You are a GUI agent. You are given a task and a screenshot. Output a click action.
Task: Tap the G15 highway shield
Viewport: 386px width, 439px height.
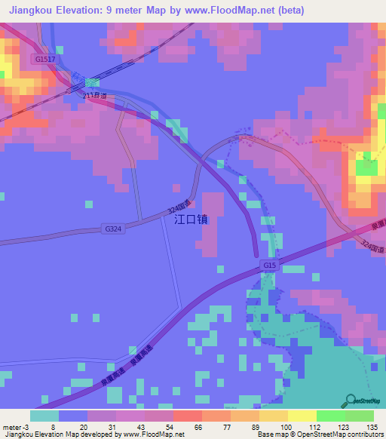point(271,266)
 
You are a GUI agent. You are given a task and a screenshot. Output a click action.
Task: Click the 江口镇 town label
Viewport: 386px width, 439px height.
point(191,220)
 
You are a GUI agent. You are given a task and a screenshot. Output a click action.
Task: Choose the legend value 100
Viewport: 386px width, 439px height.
point(288,426)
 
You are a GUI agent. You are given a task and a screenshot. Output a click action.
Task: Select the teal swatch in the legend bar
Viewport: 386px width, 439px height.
point(44,416)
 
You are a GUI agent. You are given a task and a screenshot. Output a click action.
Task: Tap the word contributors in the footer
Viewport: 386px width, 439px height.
point(363,434)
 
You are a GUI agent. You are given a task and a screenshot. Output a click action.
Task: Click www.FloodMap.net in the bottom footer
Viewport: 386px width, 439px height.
point(155,434)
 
